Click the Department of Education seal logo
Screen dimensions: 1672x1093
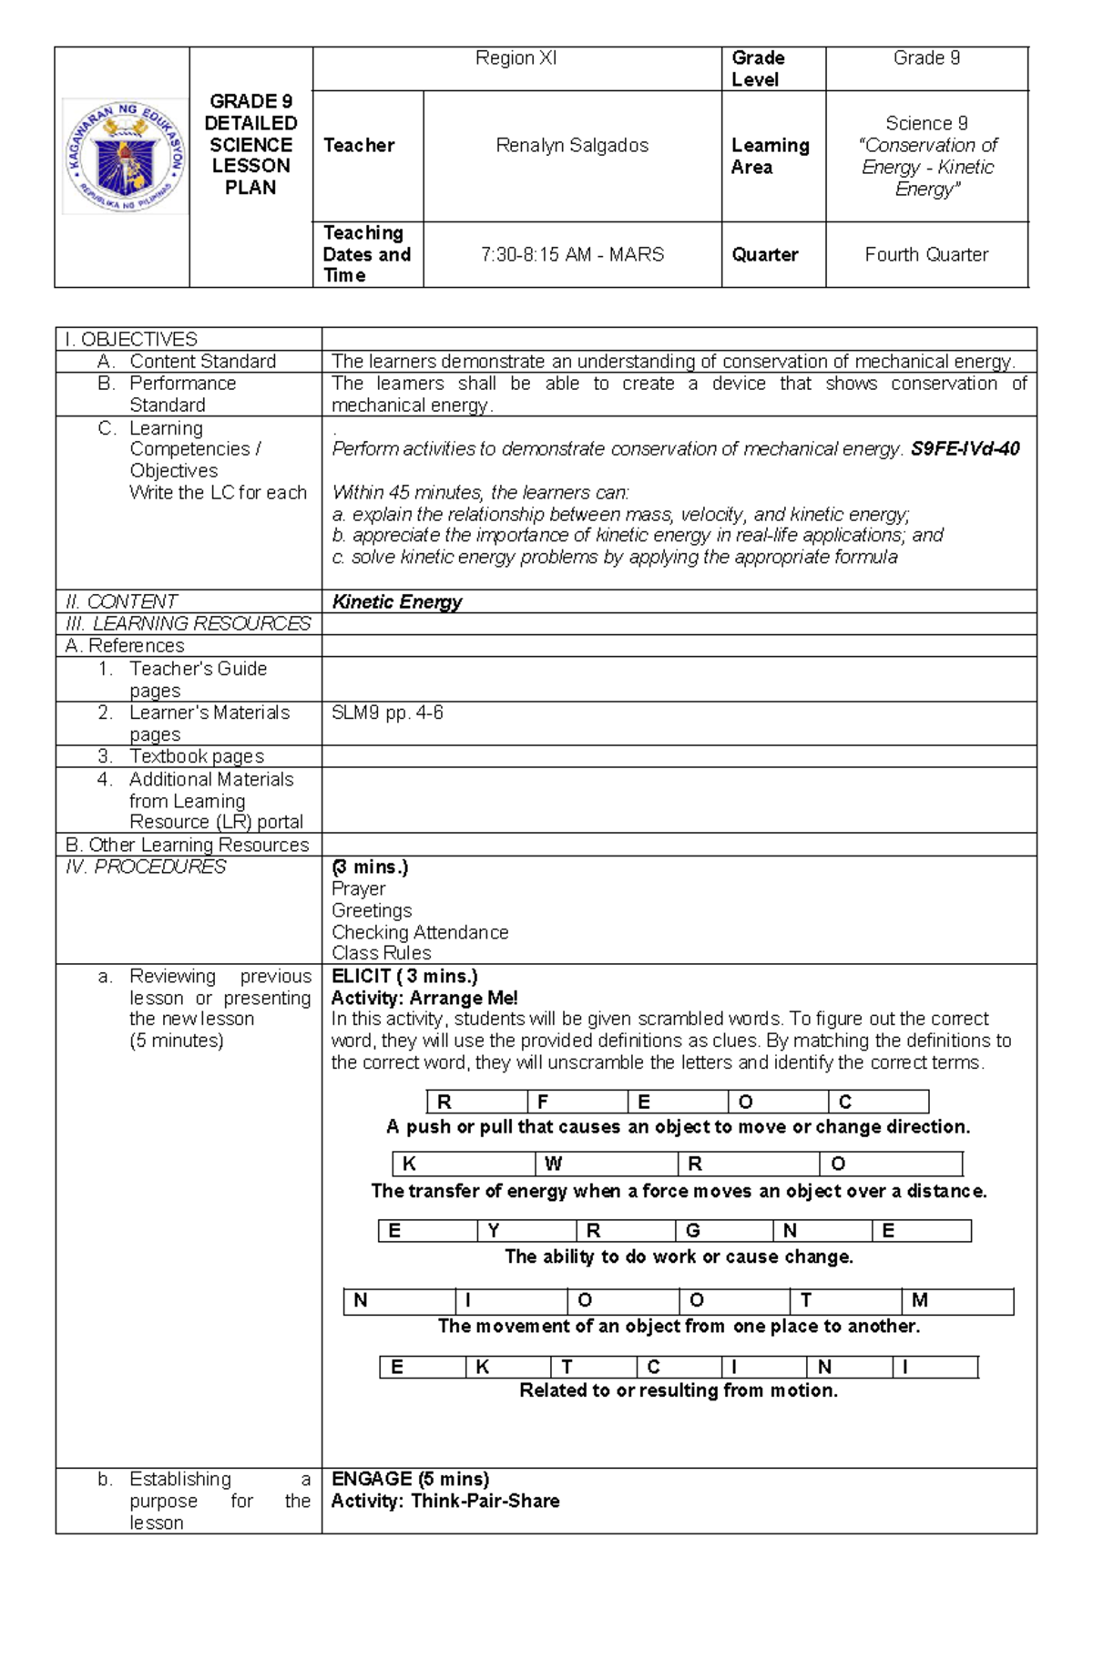click(x=126, y=158)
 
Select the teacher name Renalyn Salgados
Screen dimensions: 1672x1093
click(x=572, y=146)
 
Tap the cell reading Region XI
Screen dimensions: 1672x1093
click(x=516, y=58)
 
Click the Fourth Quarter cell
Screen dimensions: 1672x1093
click(x=926, y=255)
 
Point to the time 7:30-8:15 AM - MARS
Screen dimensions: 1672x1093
click(x=572, y=255)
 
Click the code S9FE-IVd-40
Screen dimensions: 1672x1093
click(x=965, y=449)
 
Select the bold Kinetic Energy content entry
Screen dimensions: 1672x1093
click(x=397, y=602)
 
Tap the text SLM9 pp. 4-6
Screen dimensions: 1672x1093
click(x=387, y=713)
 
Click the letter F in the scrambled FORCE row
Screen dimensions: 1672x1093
click(x=544, y=1103)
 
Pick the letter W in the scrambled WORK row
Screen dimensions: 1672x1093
click(x=553, y=1164)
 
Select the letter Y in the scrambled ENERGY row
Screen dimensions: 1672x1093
click(x=493, y=1232)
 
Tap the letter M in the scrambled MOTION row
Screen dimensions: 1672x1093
click(x=919, y=1301)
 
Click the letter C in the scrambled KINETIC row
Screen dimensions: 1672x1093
click(x=653, y=1368)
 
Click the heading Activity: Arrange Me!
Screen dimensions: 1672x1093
click(x=424, y=999)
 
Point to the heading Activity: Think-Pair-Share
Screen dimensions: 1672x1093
click(x=445, y=1501)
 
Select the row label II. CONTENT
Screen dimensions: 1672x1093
click(x=121, y=602)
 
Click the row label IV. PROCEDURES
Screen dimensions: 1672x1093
click(x=146, y=867)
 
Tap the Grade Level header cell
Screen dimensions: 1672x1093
click(x=758, y=68)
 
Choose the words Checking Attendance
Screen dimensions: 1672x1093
click(x=420, y=932)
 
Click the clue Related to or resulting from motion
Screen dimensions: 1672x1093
click(x=679, y=1390)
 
